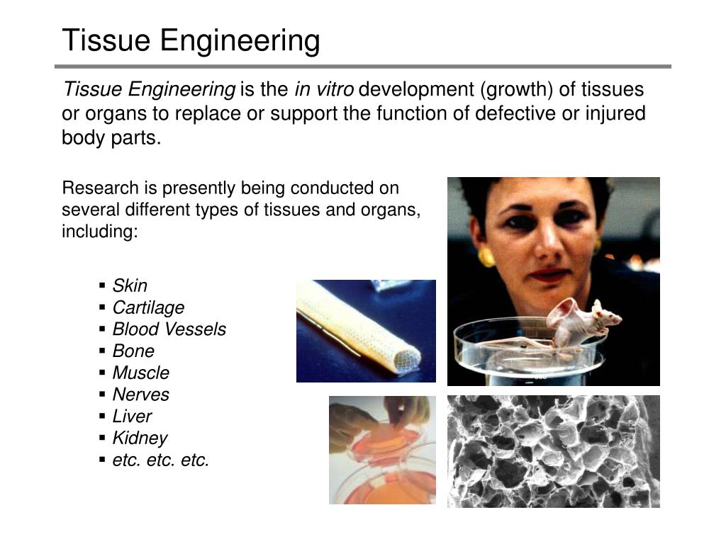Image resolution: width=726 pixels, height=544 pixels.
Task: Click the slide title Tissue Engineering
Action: coord(191,40)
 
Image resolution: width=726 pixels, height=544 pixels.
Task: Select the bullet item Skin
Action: coord(130,285)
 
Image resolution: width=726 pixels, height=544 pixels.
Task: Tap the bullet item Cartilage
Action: coord(148,307)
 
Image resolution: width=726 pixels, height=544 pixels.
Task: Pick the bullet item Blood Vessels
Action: coord(169,329)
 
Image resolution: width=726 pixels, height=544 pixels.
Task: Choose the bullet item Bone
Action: coord(133,351)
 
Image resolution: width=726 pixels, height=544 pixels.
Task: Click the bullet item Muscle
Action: coord(141,373)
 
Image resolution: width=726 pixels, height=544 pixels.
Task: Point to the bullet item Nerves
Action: coord(141,395)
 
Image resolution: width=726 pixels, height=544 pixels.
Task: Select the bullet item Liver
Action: coord(132,416)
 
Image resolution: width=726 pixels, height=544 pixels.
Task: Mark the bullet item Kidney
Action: coord(140,438)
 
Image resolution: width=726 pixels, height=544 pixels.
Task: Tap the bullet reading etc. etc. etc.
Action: coord(161,460)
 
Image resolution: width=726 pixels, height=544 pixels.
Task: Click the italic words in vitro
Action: coord(323,90)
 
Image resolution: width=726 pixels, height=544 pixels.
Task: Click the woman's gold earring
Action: coord(486,257)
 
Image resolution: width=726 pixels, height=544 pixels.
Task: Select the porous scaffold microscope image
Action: coord(553,451)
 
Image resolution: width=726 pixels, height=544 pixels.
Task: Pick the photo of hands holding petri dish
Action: coord(382,450)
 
